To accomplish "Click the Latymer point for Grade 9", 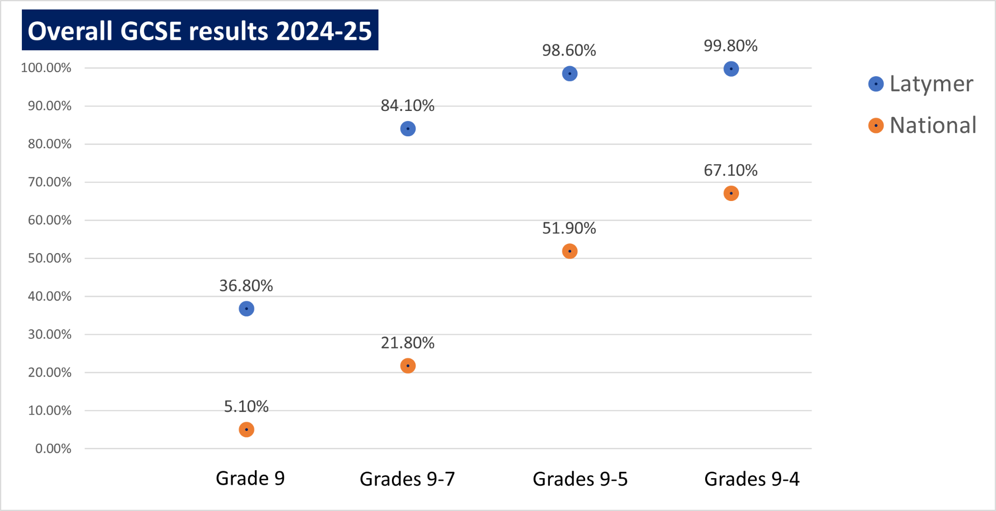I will (x=247, y=309).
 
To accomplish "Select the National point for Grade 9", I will (x=247, y=429).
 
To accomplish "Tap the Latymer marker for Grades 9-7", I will (x=408, y=129).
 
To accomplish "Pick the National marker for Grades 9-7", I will (x=408, y=366).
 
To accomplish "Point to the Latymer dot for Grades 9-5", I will (x=570, y=74).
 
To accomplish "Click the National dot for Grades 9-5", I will (x=570, y=251).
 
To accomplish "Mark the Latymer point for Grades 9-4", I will (x=731, y=69).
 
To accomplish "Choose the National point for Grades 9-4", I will (x=731, y=193).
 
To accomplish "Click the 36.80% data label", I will (x=246, y=286).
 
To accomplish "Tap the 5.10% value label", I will (x=246, y=407).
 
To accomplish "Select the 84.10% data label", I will (x=407, y=105).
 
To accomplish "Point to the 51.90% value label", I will (x=569, y=228).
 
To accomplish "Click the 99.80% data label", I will (x=730, y=46).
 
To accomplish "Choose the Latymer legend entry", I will (x=921, y=84).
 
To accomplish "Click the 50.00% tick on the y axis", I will (x=50, y=258).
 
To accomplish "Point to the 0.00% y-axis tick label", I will (x=53, y=449).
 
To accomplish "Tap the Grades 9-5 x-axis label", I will (x=580, y=479).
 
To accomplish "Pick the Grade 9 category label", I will (x=250, y=478).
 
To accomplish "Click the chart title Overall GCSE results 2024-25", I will (x=200, y=30).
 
